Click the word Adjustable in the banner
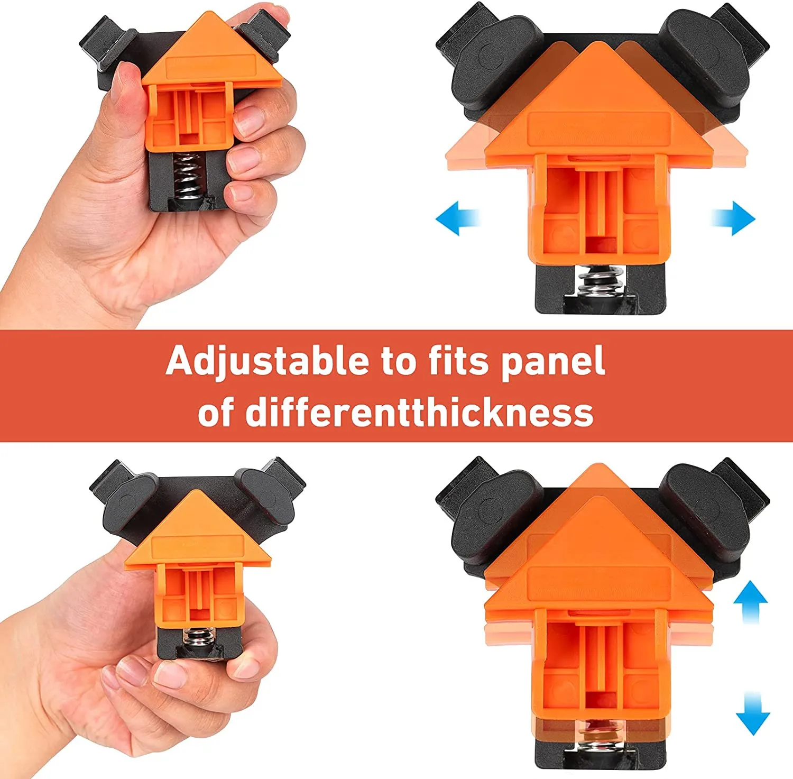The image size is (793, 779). (x=268, y=362)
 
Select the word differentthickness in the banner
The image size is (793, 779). (x=419, y=413)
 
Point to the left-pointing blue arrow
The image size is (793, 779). (x=458, y=218)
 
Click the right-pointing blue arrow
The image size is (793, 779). (x=733, y=218)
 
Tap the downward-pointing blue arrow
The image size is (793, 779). (x=752, y=713)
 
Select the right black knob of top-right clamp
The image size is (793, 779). (x=706, y=59)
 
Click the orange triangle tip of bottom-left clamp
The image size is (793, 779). (x=198, y=491)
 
